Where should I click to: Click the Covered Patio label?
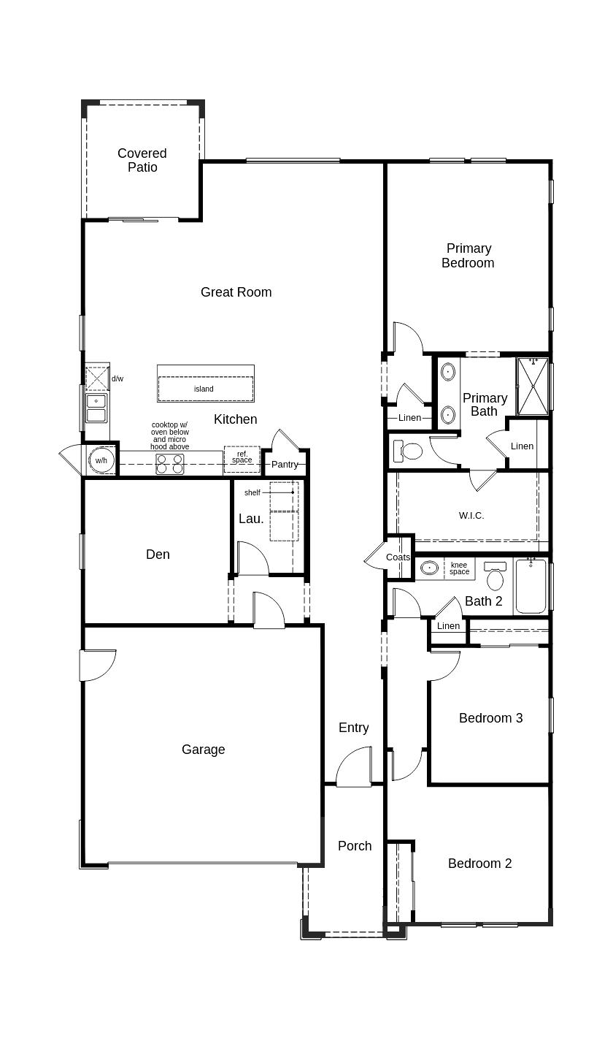142,160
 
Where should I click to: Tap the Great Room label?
236,292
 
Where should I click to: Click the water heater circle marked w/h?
101,460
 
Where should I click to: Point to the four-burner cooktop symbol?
169,464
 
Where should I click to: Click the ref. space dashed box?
242,458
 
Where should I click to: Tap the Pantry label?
285,465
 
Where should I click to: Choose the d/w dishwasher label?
117,379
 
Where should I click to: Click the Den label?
158,555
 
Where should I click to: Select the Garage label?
203,750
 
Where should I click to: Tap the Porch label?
355,846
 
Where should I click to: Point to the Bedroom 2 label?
479,864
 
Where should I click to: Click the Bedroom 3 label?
490,718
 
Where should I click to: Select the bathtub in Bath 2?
531,587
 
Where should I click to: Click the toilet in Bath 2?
496,576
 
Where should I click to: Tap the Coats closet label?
398,557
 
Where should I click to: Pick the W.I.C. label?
471,516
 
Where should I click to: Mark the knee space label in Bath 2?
459,568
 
